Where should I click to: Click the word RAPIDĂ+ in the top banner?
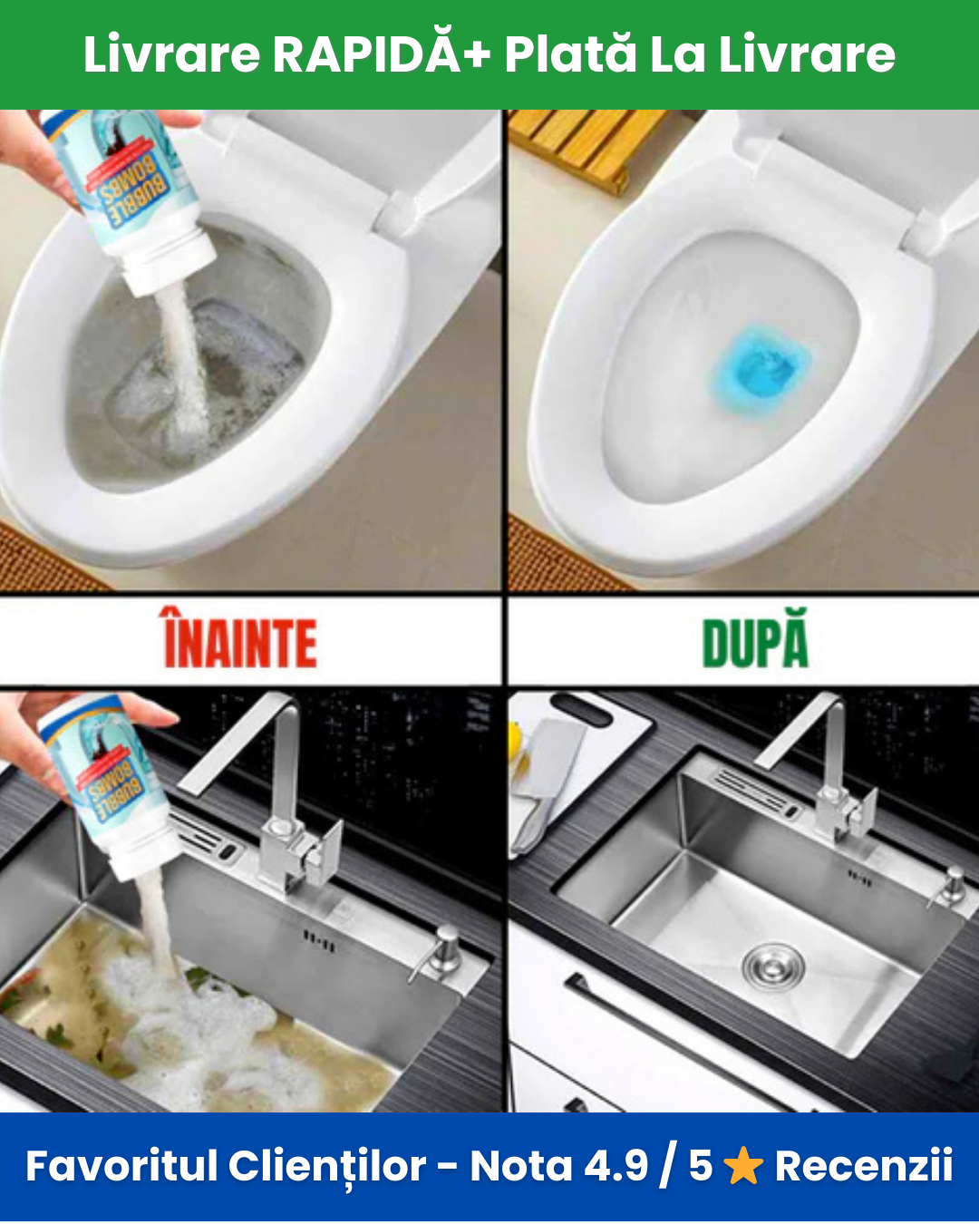tap(381, 54)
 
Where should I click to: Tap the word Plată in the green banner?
tap(570, 54)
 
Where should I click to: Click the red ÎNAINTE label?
tap(240, 638)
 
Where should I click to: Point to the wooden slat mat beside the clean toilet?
tap(586, 148)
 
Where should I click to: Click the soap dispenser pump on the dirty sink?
tap(437, 951)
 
